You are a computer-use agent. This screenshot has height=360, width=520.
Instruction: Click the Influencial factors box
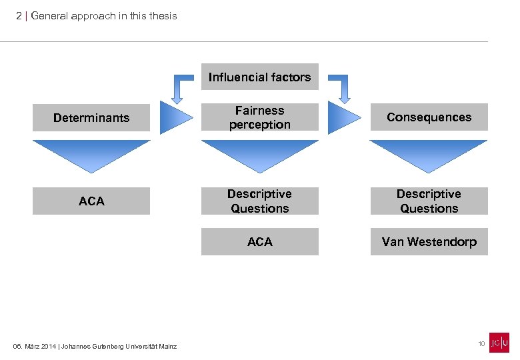click(259, 77)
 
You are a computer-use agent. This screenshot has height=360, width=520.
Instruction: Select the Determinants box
click(91, 117)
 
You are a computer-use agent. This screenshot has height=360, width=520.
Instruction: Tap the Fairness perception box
click(259, 117)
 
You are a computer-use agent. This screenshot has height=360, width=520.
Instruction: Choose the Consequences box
click(429, 117)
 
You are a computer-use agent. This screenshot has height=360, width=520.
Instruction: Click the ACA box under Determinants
click(91, 201)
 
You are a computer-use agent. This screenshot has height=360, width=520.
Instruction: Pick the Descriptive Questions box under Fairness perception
click(259, 201)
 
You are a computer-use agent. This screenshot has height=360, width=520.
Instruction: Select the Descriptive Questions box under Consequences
click(429, 201)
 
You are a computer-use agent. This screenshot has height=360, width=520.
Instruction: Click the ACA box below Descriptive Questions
click(259, 242)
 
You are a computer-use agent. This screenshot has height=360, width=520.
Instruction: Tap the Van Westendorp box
click(429, 242)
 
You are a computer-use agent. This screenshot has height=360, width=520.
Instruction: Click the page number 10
click(481, 343)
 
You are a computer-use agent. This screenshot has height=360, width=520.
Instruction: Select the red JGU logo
click(499, 343)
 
